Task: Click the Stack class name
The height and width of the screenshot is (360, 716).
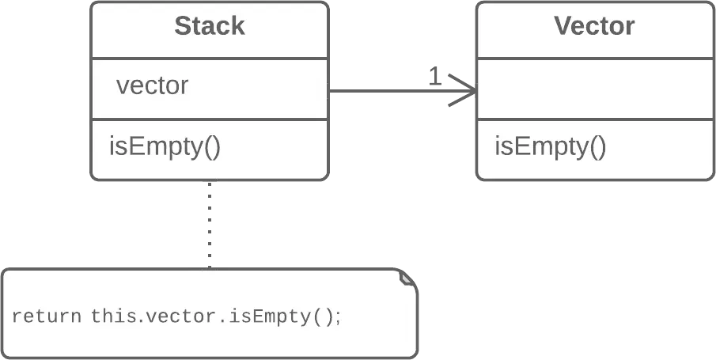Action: pyautogui.click(x=209, y=26)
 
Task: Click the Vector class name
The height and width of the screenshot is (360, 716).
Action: pyautogui.click(x=594, y=26)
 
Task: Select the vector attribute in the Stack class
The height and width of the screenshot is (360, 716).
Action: pyautogui.click(x=152, y=85)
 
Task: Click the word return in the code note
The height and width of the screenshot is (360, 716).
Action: pyautogui.click(x=47, y=316)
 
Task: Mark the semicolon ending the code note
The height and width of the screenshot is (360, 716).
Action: pyautogui.click(x=339, y=317)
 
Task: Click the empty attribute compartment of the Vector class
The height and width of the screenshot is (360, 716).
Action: pyautogui.click(x=594, y=89)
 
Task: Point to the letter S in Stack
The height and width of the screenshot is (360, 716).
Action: pyautogui.click(x=182, y=26)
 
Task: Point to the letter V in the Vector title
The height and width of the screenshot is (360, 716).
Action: pyautogui.click(x=563, y=26)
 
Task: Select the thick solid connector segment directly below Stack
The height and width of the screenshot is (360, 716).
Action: pyautogui.click(x=209, y=202)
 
